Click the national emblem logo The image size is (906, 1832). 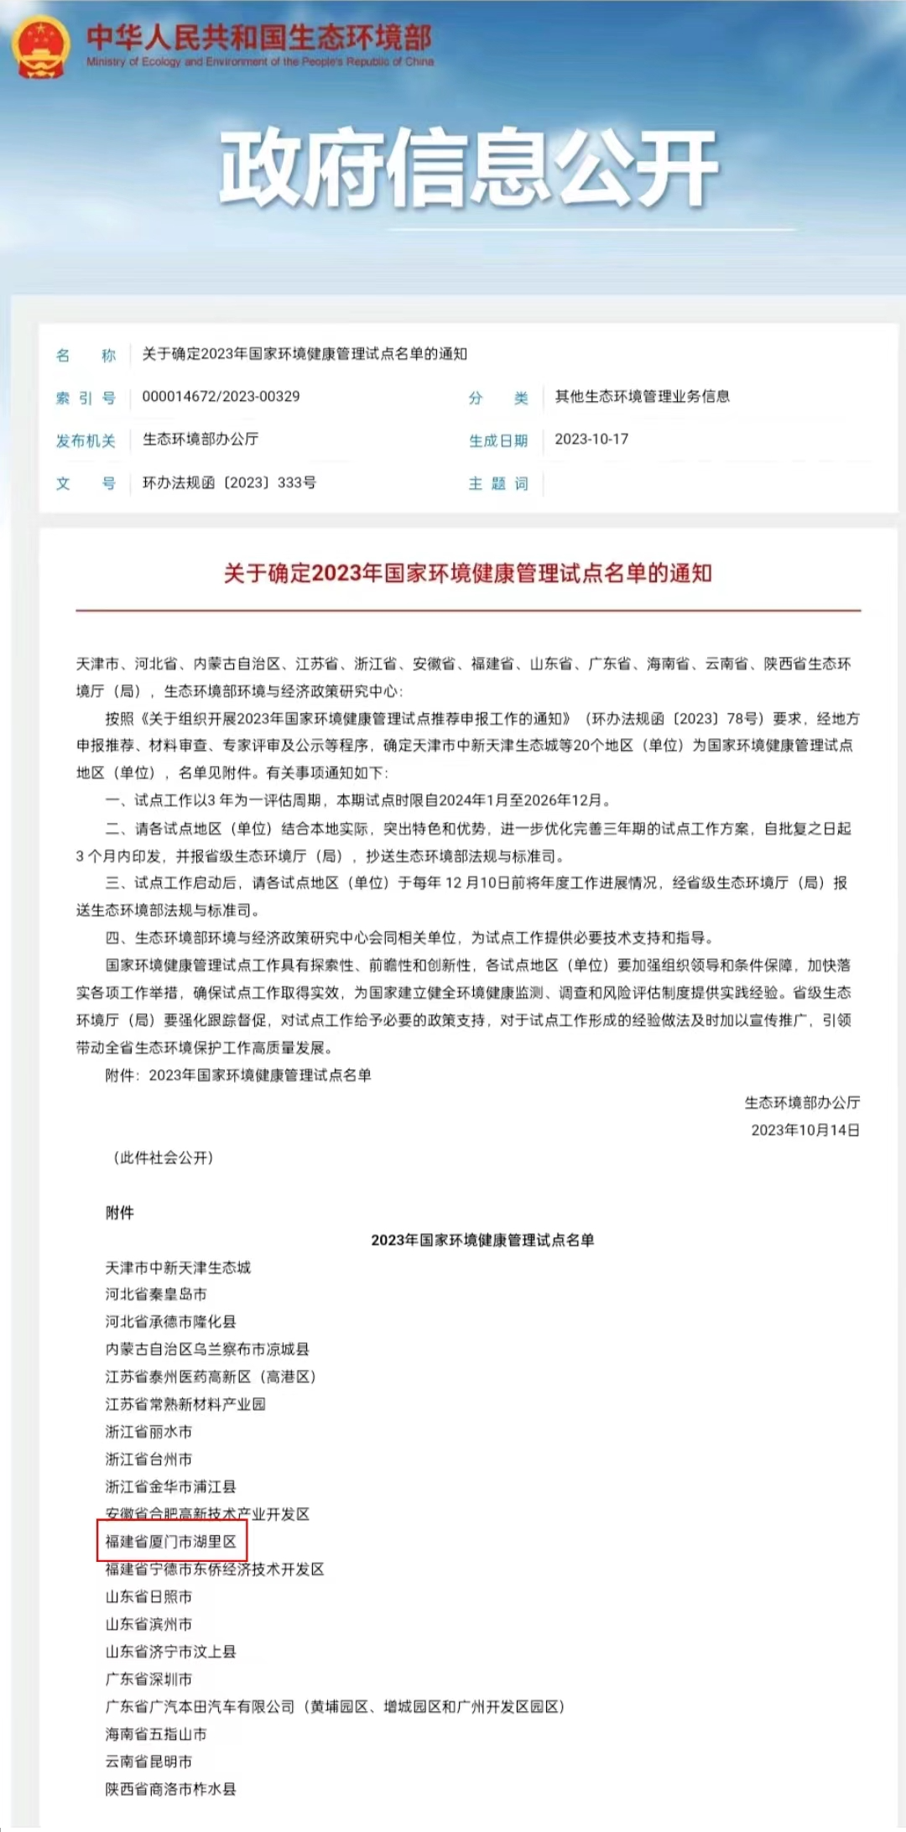coord(41,47)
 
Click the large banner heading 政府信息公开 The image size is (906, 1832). coord(467,167)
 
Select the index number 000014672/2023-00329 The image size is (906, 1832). coord(221,397)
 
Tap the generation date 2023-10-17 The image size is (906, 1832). coord(591,440)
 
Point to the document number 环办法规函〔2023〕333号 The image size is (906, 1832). coord(229,483)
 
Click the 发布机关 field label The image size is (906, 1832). coord(86,440)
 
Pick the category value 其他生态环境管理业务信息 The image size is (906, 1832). coord(642,397)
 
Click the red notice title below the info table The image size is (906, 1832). coord(467,574)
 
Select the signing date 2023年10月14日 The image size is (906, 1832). coord(805,1130)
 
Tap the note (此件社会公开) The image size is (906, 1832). coord(164,1158)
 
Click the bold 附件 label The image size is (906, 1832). coord(120,1212)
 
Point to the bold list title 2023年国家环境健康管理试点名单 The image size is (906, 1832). coord(482,1240)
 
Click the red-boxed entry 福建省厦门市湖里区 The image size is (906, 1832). coord(171,1542)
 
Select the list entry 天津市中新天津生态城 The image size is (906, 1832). coord(178,1267)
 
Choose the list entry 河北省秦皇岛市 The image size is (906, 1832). coord(156,1294)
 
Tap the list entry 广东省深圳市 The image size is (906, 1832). coord(148,1679)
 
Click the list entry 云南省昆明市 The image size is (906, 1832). coord(148,1762)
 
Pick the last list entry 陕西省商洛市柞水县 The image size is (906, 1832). coord(170,1789)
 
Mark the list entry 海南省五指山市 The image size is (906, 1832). coord(156,1734)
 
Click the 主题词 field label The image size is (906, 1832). coord(498,484)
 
